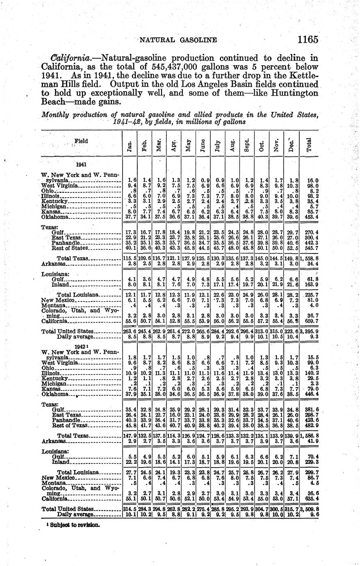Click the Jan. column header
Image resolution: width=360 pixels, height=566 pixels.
coord(130,146)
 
